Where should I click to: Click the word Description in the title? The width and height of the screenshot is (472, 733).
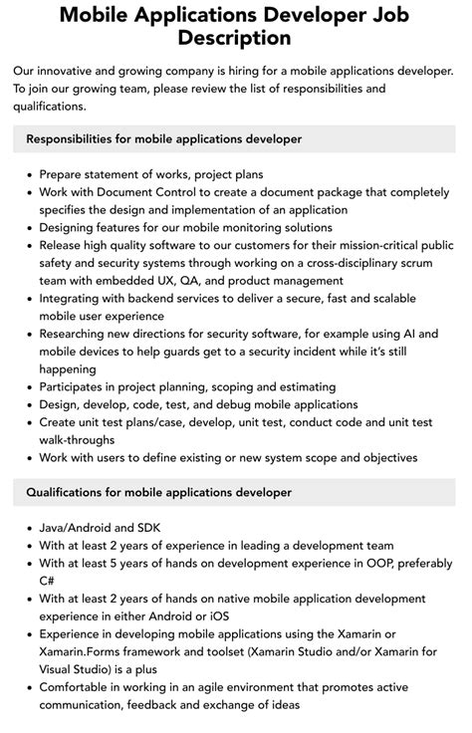(x=235, y=38)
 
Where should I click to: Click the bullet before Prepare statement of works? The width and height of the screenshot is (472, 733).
(x=26, y=174)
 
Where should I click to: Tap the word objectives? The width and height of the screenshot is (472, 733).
(x=384, y=457)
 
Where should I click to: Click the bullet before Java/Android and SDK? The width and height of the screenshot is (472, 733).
(x=26, y=528)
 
